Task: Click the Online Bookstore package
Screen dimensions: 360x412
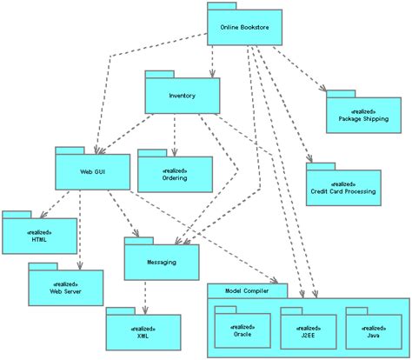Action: (x=244, y=27)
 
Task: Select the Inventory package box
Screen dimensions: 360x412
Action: (x=182, y=96)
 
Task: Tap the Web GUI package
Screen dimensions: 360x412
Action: (x=93, y=171)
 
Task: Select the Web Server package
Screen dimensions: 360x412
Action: (x=66, y=288)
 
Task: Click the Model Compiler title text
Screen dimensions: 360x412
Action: (x=245, y=290)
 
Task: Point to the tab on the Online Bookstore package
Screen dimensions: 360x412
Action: (x=222, y=6)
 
